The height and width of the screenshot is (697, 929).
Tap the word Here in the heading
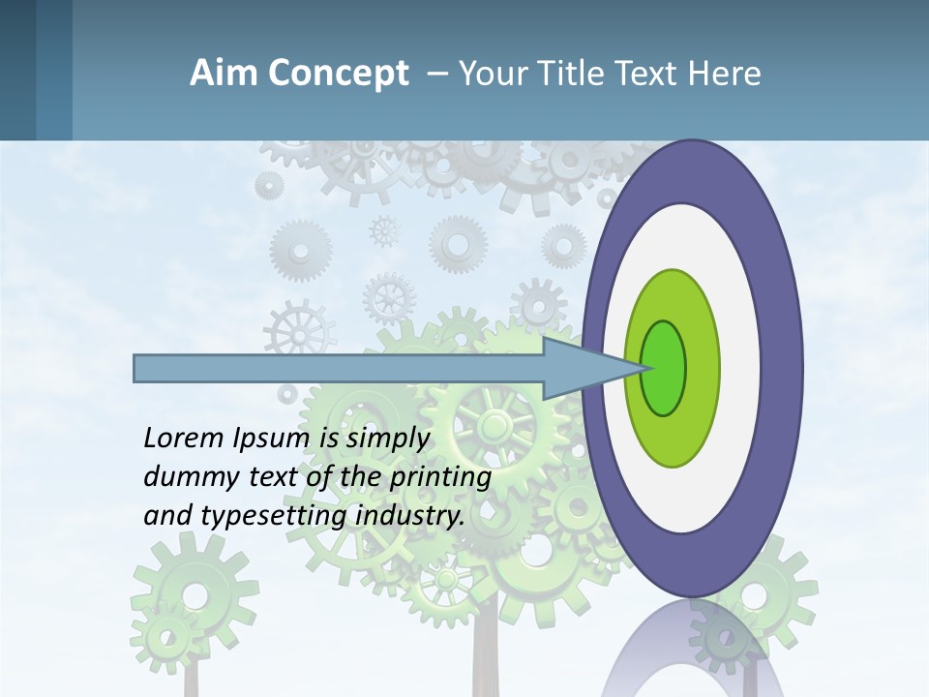coord(725,74)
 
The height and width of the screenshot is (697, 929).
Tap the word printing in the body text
coord(439,478)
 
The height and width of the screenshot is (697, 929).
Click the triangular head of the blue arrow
coord(581,368)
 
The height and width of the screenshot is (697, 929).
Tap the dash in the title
coord(436,74)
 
